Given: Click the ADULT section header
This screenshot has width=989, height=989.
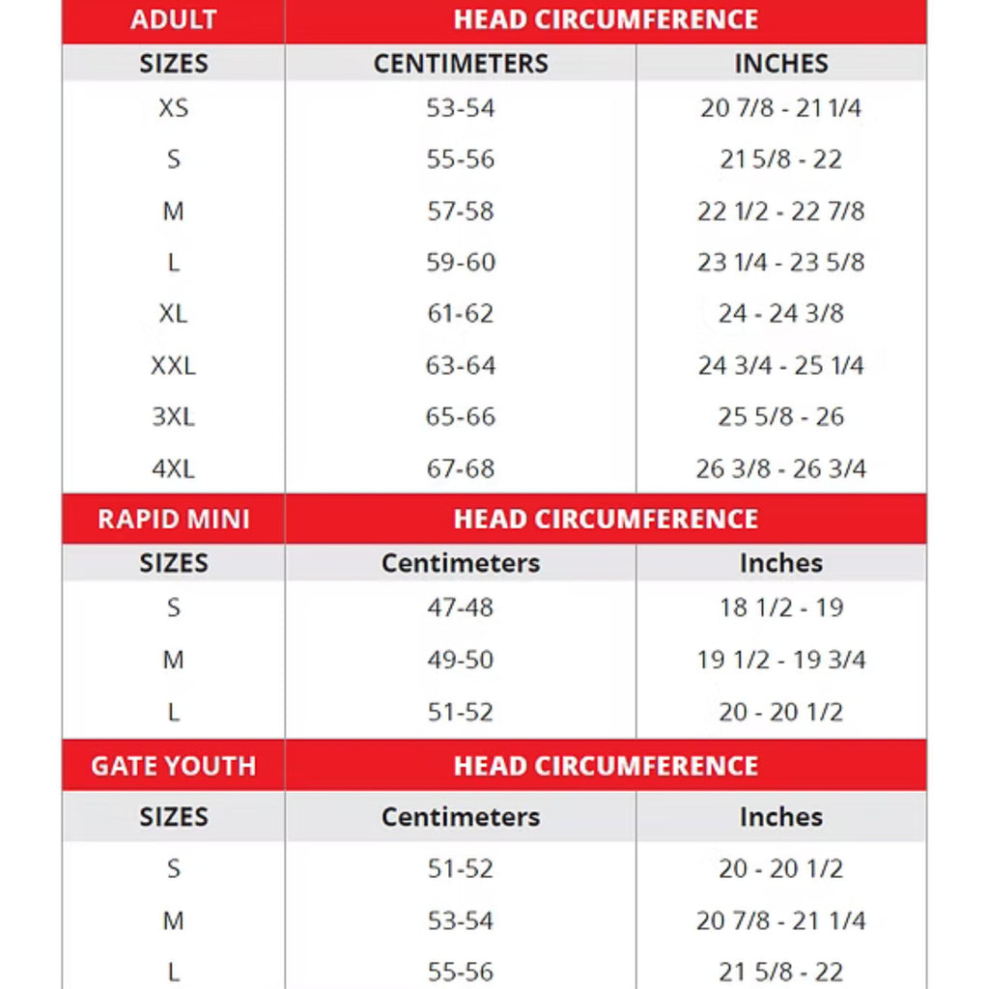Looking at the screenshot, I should (173, 19).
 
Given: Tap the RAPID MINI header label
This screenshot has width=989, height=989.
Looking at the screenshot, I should (173, 519).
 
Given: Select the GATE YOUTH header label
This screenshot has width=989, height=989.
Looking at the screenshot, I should (173, 766).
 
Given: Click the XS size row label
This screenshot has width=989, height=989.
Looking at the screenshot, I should (173, 108).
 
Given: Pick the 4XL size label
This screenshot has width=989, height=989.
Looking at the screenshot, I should (173, 468).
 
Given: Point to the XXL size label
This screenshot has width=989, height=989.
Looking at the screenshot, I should (173, 366).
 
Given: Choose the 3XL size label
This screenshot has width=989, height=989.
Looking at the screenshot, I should (173, 417).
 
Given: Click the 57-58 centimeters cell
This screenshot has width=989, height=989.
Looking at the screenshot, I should (461, 211).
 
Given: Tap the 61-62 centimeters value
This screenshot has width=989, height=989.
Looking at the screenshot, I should (461, 314).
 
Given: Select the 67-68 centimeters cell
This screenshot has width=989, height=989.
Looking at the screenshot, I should (461, 468).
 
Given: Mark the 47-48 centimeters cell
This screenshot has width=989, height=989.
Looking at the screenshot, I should (461, 608).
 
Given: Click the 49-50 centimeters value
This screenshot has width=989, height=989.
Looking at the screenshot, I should (461, 660).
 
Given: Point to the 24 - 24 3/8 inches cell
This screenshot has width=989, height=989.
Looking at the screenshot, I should (780, 314).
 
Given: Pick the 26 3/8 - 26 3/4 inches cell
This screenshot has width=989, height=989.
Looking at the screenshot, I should (780, 468).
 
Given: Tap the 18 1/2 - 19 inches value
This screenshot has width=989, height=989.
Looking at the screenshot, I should (780, 608).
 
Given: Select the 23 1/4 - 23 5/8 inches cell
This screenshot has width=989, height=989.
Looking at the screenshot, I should (780, 262).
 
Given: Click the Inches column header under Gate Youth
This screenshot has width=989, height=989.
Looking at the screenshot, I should (780, 817).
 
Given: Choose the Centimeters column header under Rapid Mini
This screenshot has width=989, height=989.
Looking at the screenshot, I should (461, 563).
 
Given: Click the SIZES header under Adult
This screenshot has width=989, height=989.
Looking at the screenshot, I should (173, 64).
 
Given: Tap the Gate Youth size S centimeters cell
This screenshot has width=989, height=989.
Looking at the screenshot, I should (461, 868).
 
